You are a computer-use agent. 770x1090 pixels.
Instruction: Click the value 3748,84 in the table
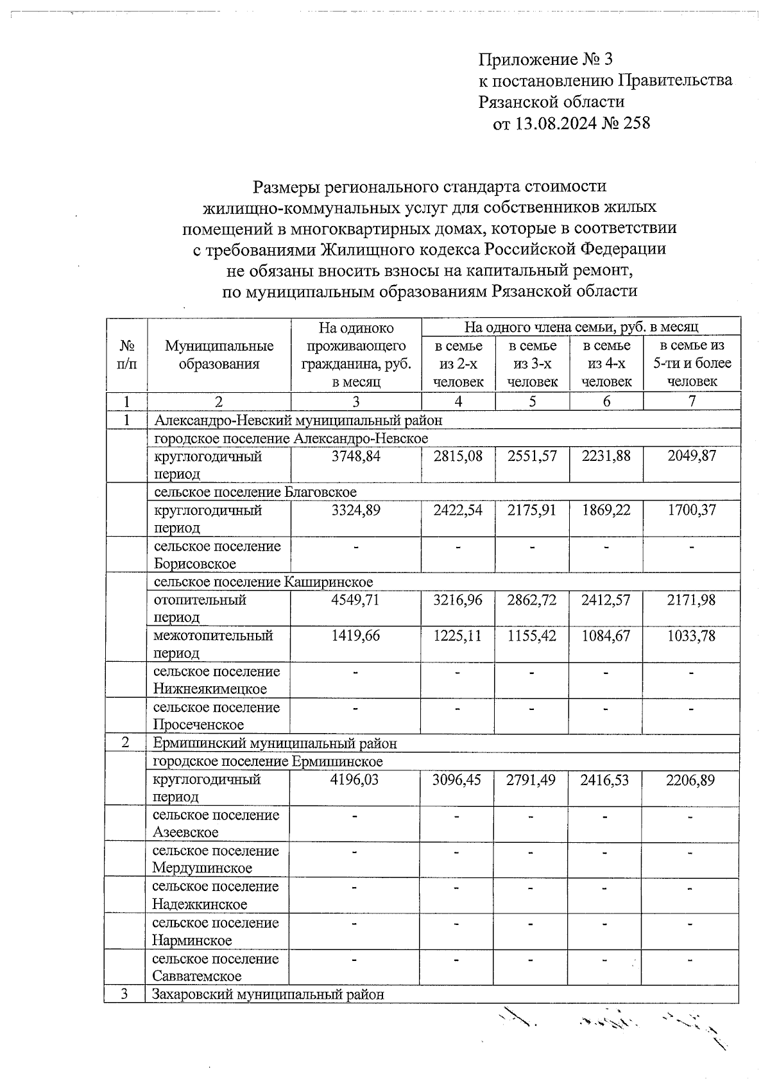click(356, 456)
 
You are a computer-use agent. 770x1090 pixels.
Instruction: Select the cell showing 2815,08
click(458, 456)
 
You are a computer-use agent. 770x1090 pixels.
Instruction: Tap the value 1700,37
click(691, 510)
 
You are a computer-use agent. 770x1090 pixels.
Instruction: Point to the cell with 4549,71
click(356, 600)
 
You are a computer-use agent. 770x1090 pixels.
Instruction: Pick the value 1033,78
click(691, 636)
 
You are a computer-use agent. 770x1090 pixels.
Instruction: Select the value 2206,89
click(690, 780)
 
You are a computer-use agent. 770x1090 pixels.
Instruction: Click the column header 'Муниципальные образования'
click(219, 354)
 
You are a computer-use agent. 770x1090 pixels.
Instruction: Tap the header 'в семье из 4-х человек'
click(606, 363)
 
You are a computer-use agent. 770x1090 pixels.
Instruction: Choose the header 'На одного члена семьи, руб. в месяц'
click(581, 327)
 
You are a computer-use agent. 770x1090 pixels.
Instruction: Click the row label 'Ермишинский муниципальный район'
click(275, 743)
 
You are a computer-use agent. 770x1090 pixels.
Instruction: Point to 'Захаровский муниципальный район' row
click(268, 994)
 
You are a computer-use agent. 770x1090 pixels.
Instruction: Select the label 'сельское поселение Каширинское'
click(263, 582)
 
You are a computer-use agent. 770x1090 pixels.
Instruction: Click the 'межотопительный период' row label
click(213, 644)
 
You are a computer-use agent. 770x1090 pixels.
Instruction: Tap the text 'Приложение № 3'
click(545, 60)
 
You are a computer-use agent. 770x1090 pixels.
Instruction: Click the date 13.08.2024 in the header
click(555, 123)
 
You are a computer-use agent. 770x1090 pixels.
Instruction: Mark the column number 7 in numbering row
click(692, 402)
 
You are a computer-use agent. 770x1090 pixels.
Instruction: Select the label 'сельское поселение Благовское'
click(255, 492)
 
